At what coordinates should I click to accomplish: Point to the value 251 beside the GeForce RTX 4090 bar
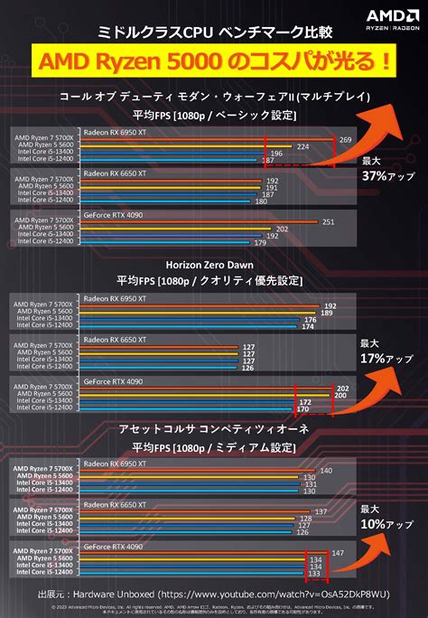329,221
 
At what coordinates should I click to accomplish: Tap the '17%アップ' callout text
382,359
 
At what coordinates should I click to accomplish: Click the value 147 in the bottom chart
339,552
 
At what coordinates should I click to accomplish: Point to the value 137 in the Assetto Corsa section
320,511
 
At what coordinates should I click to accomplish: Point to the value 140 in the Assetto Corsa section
326,471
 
